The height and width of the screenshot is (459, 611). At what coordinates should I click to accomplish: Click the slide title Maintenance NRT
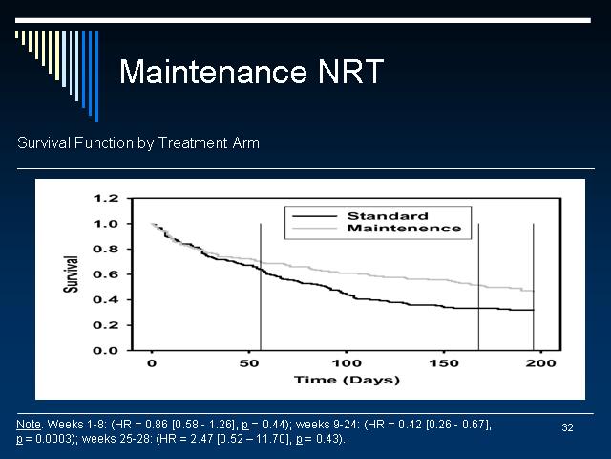pos(251,72)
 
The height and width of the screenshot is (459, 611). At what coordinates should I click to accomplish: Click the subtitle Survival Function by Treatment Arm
pos(138,142)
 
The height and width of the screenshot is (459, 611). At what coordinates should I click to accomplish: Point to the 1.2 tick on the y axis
pos(106,198)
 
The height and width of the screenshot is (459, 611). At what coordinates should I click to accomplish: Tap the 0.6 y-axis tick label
pos(106,274)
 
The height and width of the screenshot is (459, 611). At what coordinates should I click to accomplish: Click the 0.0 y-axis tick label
pos(106,351)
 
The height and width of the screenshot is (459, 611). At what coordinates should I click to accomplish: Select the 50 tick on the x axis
pos(249,363)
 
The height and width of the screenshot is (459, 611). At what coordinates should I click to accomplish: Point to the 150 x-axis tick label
pos(443,363)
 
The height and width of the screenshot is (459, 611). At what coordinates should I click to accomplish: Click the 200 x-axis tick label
pos(540,363)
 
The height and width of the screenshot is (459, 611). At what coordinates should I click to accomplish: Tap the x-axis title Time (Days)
pos(347,380)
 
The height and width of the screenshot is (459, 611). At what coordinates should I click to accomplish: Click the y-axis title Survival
pos(71,274)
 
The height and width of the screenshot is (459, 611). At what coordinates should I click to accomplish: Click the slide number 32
pos(567,427)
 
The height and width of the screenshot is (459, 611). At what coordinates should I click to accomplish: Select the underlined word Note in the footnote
pos(29,425)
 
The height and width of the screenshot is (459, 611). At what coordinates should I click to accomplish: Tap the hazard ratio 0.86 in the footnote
pos(157,425)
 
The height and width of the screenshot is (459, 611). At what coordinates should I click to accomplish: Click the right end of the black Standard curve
pos(534,310)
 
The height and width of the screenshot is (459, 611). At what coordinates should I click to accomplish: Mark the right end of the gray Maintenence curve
pos(534,291)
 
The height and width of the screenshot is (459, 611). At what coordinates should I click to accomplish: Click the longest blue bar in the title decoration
pos(97,76)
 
